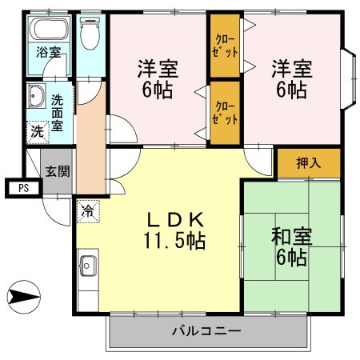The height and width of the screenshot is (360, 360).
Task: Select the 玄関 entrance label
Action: (56, 170)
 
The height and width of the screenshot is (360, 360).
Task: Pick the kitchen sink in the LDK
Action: (87, 266)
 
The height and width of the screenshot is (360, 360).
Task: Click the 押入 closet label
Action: (309, 163)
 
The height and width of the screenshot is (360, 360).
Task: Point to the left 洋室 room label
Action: (158, 78)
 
